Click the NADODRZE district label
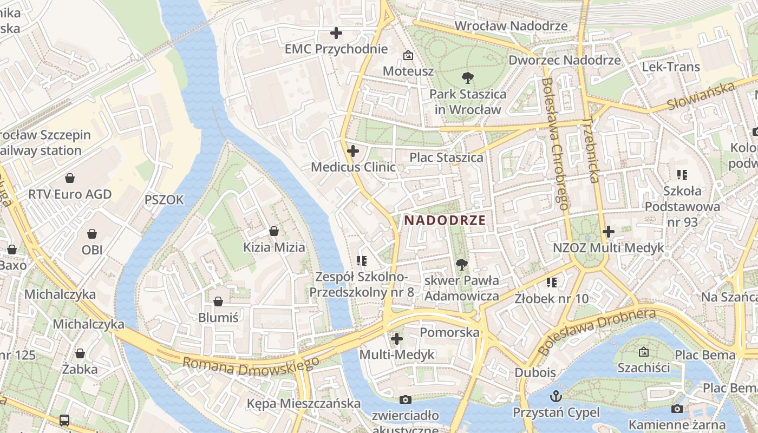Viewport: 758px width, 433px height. [445, 220]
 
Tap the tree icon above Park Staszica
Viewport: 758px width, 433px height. [467, 78]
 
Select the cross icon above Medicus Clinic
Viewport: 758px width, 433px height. [353, 151]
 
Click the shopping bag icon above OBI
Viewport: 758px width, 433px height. [92, 234]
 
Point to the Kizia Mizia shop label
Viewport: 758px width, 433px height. [274, 247]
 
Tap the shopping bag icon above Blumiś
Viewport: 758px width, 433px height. [218, 301]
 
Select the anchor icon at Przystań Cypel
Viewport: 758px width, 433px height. [556, 396]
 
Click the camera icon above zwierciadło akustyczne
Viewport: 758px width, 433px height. [405, 400]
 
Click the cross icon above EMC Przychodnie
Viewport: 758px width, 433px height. [336, 33]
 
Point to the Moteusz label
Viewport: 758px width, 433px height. [408, 71]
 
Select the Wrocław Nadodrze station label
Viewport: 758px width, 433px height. [511, 26]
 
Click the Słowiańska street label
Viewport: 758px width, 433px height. [701, 96]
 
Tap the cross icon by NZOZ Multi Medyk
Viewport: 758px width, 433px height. [609, 232]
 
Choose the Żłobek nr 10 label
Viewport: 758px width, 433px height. [551, 298]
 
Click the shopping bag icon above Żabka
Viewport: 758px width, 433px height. [80, 353]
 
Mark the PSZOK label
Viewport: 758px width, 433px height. [164, 200]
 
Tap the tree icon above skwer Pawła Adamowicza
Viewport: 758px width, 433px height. [461, 264]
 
